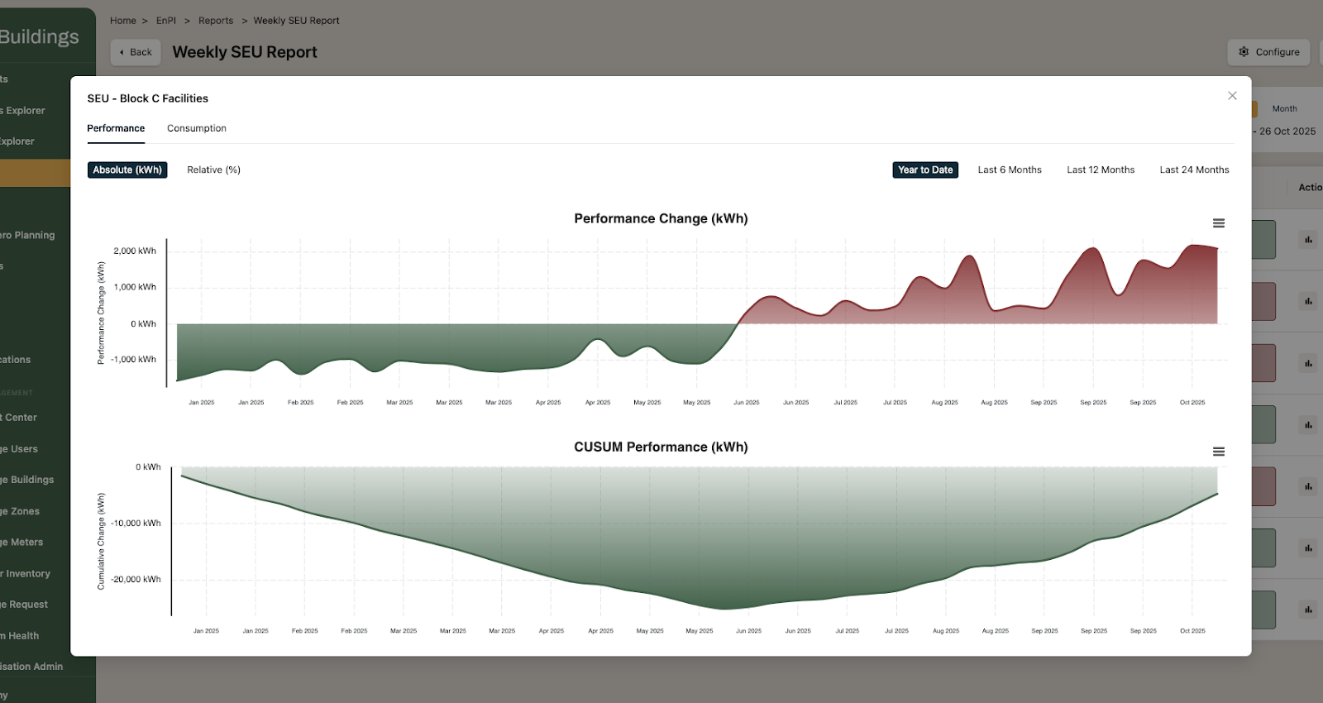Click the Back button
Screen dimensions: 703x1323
[136, 52]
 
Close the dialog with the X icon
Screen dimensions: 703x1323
[1232, 96]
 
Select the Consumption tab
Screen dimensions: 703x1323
[197, 128]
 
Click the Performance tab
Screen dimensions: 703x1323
[116, 128]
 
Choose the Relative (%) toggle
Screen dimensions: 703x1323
[213, 170]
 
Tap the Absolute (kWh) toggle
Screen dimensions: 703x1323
[127, 170]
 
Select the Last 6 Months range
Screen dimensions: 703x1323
[1010, 170]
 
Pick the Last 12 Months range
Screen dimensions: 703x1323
[1101, 170]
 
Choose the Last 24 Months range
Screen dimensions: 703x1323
[1194, 170]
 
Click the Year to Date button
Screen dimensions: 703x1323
[925, 170]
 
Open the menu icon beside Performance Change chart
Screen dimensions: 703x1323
[1219, 223]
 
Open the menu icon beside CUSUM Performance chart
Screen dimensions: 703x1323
[1219, 452]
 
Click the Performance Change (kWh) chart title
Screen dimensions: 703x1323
[661, 218]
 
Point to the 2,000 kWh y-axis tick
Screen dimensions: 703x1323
[135, 251]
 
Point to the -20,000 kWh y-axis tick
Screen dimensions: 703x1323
[136, 579]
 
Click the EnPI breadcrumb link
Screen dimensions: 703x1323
[166, 21]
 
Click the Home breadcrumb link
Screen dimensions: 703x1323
[123, 21]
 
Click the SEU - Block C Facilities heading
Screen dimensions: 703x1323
[148, 98]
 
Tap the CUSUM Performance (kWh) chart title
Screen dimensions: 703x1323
[661, 447]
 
